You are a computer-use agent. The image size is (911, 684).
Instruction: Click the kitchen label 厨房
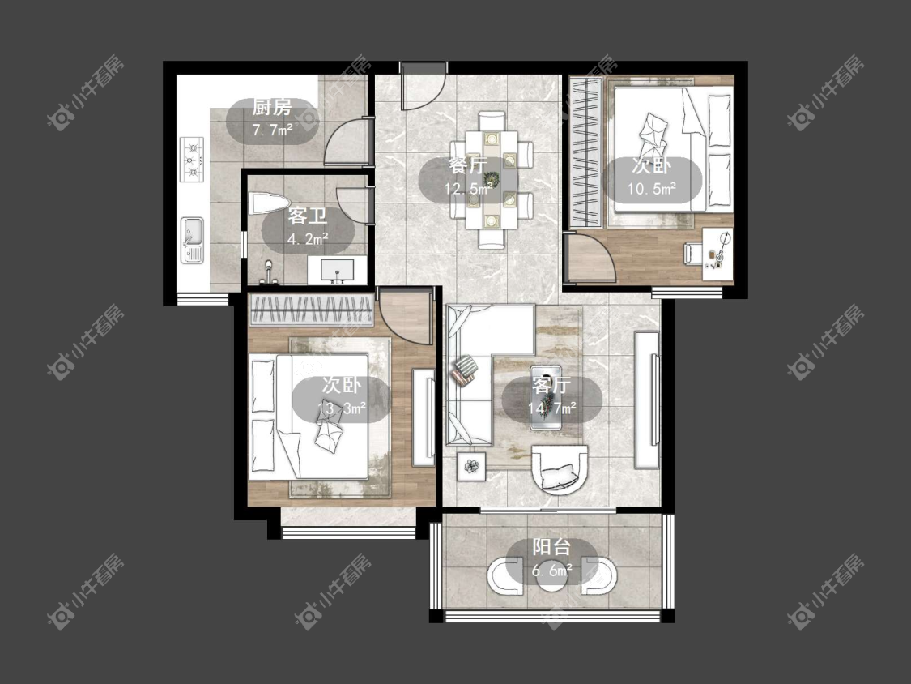point(272,108)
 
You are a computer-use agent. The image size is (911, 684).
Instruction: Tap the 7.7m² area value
point(272,130)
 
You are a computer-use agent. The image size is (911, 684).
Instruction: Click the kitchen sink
point(192,240)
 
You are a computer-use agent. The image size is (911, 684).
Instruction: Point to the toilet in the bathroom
point(268,203)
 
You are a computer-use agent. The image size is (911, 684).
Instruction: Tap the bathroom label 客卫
point(308,216)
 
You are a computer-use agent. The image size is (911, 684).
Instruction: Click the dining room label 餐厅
point(468,166)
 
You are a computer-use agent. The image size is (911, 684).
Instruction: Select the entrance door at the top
point(423,86)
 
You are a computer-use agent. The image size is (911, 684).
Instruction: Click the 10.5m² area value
point(651,189)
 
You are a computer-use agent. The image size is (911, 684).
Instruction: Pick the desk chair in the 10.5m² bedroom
point(692,253)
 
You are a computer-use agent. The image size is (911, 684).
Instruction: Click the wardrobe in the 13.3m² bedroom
point(312,310)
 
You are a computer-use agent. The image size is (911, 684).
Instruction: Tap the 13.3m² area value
point(342,408)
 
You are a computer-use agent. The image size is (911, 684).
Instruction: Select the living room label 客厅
point(551,385)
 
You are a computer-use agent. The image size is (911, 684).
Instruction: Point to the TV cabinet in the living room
point(647,400)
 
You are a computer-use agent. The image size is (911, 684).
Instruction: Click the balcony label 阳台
point(551,547)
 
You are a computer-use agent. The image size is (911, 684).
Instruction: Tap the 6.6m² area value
point(552,570)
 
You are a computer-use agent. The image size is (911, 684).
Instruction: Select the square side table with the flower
point(472,466)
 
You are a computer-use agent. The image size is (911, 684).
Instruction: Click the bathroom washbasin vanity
point(338,271)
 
